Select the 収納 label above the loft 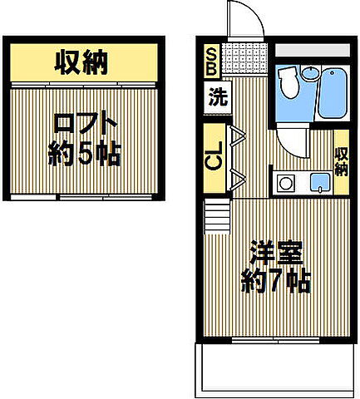(84, 61)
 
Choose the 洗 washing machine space (217, 96)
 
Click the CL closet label (214, 156)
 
